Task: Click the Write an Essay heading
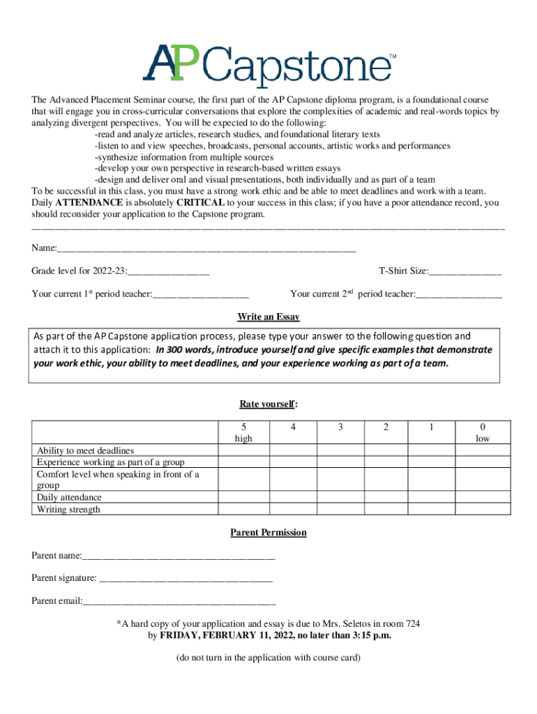click(268, 317)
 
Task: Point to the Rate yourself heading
click(268, 404)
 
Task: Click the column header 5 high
click(243, 432)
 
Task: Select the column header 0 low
click(483, 432)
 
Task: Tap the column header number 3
click(340, 427)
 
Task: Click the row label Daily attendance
click(69, 497)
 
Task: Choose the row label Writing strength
click(68, 509)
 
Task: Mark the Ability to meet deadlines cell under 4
click(294, 450)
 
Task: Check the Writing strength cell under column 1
click(432, 509)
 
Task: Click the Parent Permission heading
click(268, 533)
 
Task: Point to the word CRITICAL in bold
click(200, 203)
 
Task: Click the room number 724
click(411, 623)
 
